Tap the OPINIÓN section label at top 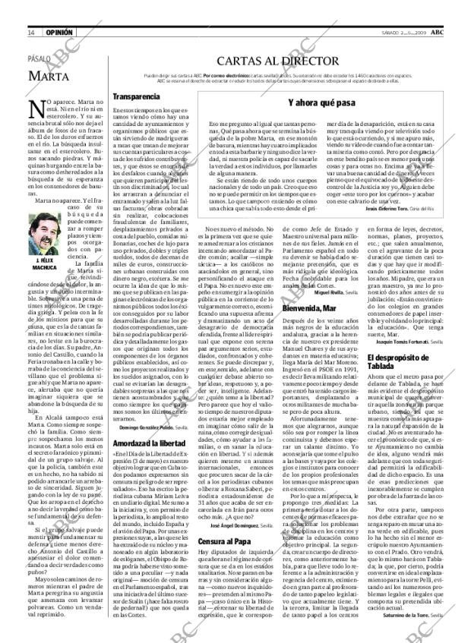(x=58, y=33)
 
